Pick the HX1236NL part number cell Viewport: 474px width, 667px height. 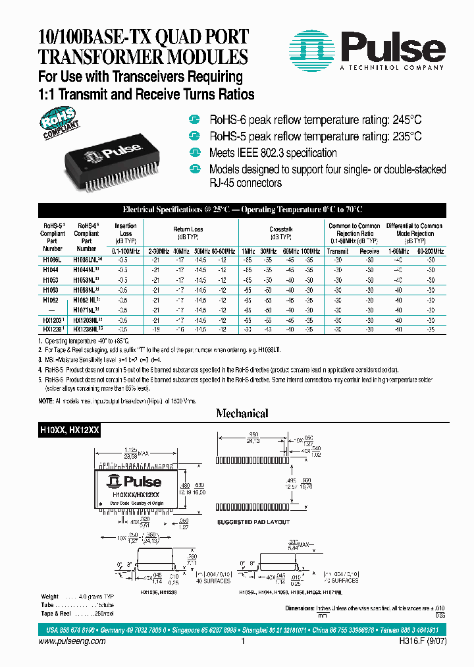(x=86, y=328)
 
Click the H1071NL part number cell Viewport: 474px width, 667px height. (x=86, y=308)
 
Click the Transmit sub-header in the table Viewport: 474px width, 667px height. (x=338, y=251)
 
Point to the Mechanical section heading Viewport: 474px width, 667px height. (x=242, y=414)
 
